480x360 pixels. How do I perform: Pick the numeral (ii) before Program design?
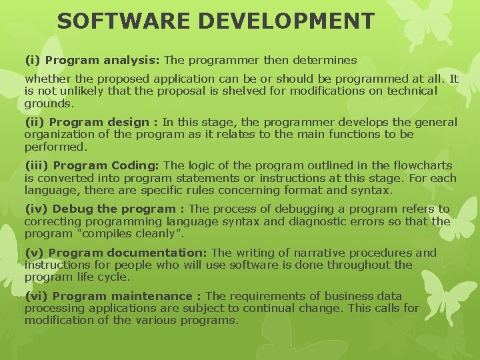tap(35, 122)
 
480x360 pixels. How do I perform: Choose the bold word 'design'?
tap(127, 122)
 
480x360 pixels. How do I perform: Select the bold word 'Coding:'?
tap(135, 165)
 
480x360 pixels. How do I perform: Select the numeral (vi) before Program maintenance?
tap(36, 296)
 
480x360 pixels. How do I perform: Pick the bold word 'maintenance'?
tap(152, 296)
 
